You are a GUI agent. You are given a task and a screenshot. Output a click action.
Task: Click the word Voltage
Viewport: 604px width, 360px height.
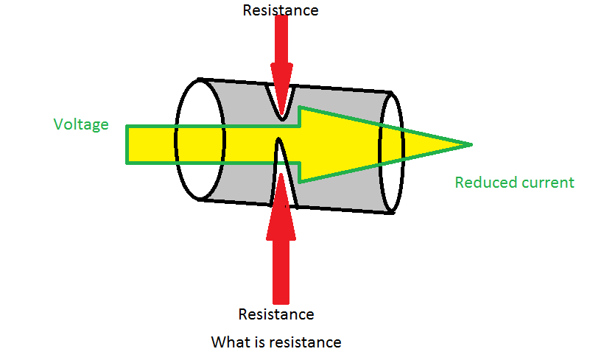coord(81,124)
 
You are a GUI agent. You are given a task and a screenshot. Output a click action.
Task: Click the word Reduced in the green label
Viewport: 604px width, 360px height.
coord(480,182)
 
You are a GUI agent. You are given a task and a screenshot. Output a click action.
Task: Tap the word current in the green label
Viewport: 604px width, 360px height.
coord(542,183)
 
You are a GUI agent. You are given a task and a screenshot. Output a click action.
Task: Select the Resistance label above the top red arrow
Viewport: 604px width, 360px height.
coord(281,10)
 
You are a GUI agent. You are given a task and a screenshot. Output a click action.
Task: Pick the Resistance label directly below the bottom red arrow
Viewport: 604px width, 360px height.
coord(276,314)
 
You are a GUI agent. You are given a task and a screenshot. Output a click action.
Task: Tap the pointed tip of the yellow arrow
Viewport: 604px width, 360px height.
coord(471,145)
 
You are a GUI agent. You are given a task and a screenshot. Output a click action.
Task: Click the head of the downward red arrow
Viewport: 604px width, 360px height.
coord(282,89)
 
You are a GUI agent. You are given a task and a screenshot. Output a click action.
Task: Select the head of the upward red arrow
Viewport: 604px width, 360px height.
coord(281,207)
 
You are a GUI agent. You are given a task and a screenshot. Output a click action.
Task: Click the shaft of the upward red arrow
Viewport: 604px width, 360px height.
coord(281,272)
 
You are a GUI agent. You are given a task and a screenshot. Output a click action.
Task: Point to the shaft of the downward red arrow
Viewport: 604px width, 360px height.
coord(281,39)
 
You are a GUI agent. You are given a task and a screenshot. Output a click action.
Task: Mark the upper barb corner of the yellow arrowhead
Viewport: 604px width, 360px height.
coord(299,107)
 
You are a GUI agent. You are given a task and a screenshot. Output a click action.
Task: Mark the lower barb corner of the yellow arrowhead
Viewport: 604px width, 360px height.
coord(299,182)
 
